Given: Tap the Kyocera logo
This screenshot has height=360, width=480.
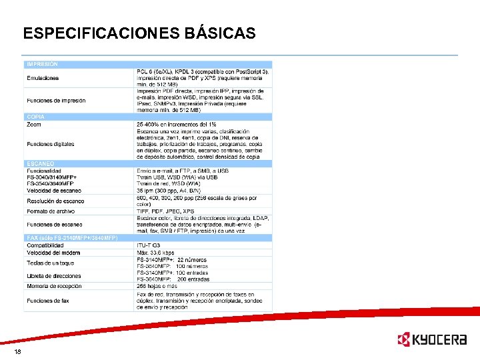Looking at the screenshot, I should [431, 340].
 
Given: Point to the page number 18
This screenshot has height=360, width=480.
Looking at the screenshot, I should [17, 351].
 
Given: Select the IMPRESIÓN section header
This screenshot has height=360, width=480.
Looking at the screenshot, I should [42, 64].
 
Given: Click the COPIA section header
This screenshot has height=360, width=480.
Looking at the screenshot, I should [35, 117].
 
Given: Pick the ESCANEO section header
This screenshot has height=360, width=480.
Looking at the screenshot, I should [40, 163].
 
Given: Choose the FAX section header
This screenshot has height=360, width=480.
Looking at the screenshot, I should [72, 238].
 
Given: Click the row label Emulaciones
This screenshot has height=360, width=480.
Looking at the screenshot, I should [43, 78].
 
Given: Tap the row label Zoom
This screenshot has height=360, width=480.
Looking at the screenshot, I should [33, 125].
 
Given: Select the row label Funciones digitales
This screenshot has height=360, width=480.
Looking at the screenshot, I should [51, 144].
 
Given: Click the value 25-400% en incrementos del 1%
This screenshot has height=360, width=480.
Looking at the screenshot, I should [176, 125].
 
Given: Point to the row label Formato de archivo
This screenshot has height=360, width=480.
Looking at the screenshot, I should [51, 211].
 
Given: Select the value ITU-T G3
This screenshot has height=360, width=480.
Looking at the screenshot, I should [150, 245].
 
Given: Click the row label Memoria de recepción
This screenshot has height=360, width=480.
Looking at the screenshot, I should [54, 286].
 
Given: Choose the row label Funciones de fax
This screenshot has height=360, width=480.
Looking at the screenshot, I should [48, 301].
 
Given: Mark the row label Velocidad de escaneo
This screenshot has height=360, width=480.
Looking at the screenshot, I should [54, 191].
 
